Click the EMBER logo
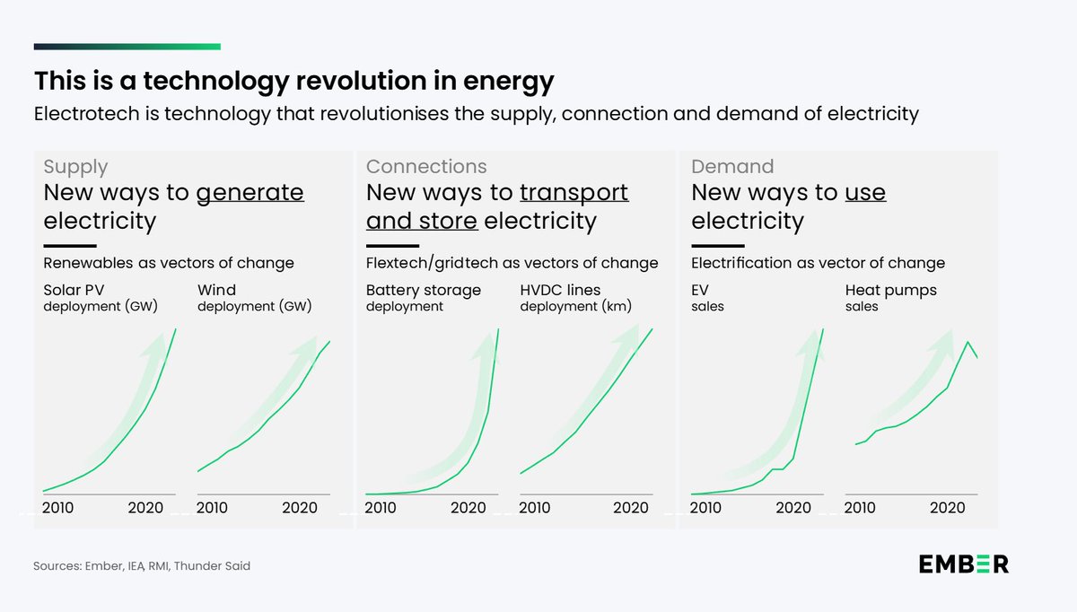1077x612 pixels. tap(963, 564)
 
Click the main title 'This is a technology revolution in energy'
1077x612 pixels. tap(293, 82)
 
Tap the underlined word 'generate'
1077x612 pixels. tap(250, 193)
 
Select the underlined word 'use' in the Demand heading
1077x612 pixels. tap(865, 193)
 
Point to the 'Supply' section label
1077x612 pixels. tap(75, 167)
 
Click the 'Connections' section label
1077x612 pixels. tap(426, 167)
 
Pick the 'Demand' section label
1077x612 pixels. tap(732, 167)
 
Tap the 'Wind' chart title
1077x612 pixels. tap(216, 290)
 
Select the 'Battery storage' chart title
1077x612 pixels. tap(424, 290)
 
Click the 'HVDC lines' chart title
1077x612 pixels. tap(560, 290)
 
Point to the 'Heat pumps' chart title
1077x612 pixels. tap(892, 290)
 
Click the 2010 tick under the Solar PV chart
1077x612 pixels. tap(58, 508)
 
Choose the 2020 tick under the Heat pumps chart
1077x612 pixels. tap(947, 508)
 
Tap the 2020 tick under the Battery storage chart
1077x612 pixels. tap(468, 508)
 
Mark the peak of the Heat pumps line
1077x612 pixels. tap(968, 342)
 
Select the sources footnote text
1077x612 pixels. tap(143, 566)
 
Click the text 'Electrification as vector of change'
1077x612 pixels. tap(818, 263)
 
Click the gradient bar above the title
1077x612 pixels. tap(127, 47)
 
